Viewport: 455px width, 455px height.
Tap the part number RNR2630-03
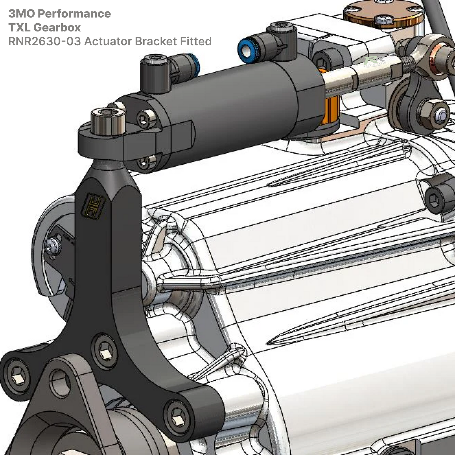[44, 41]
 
